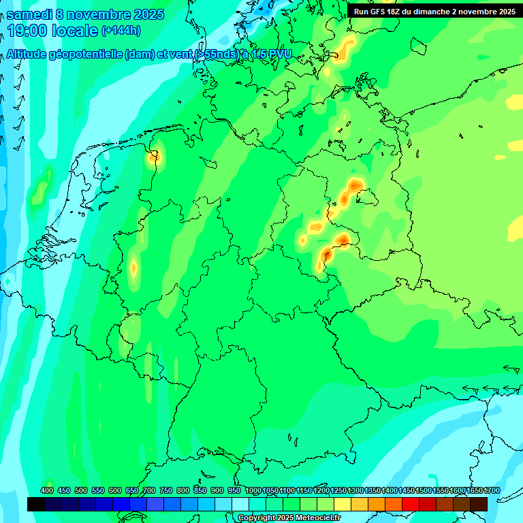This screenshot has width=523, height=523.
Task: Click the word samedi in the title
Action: (x=33, y=13)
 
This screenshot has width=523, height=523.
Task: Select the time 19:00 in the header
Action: (x=31, y=31)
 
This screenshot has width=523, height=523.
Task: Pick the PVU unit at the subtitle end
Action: (x=280, y=54)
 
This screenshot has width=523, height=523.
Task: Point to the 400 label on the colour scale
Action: (x=47, y=491)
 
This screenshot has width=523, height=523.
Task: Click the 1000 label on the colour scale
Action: (x=253, y=491)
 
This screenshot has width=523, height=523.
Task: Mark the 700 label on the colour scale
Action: (x=149, y=491)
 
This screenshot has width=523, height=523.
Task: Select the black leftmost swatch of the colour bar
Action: (x=36, y=504)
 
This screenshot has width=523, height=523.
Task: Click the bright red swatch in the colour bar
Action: (x=411, y=504)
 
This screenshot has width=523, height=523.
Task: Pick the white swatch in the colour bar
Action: (x=240, y=504)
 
